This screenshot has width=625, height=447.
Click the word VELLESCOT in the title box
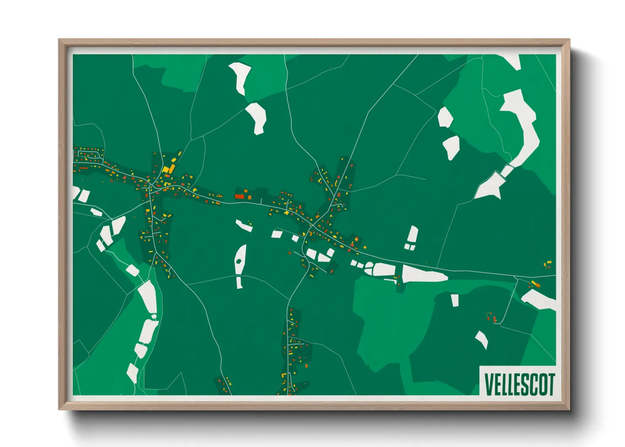519,384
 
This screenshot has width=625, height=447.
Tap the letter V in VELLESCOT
489,384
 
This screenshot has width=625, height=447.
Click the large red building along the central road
239,196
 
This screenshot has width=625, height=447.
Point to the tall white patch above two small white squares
412,234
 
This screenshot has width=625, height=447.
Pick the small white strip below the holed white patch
239,283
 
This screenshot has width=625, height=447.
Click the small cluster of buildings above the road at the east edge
548,264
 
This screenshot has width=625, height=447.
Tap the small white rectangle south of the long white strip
454,300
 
